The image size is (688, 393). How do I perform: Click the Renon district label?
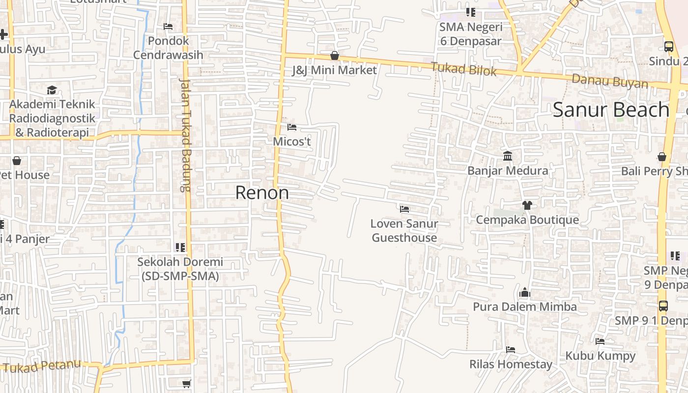coord(262,193)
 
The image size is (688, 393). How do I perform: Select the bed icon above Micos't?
coord(292,127)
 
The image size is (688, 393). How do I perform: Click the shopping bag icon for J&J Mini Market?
coord(335,56)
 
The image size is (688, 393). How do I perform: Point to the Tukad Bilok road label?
coord(464,69)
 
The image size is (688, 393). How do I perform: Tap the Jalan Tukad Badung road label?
coord(185,135)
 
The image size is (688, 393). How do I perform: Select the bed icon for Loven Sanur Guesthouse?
coord(404,209)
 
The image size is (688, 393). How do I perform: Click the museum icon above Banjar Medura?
coord(508,156)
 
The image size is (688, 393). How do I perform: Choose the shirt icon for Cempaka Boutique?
coord(527,205)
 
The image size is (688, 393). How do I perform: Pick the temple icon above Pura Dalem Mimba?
coord(525,293)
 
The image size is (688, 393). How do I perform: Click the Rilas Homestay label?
coord(511,364)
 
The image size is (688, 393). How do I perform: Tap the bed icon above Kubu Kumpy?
coord(600,341)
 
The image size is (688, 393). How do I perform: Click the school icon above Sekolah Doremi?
coord(180,247)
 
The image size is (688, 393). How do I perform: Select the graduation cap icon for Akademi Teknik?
coord(52,90)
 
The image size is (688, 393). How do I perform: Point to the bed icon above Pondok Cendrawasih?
coord(168,26)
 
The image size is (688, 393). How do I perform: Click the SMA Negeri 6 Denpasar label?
coord(471,33)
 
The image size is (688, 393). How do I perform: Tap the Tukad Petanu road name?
coord(41,366)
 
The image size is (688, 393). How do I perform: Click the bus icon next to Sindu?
coord(669,47)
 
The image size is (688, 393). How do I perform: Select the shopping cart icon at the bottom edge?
coord(186,384)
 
